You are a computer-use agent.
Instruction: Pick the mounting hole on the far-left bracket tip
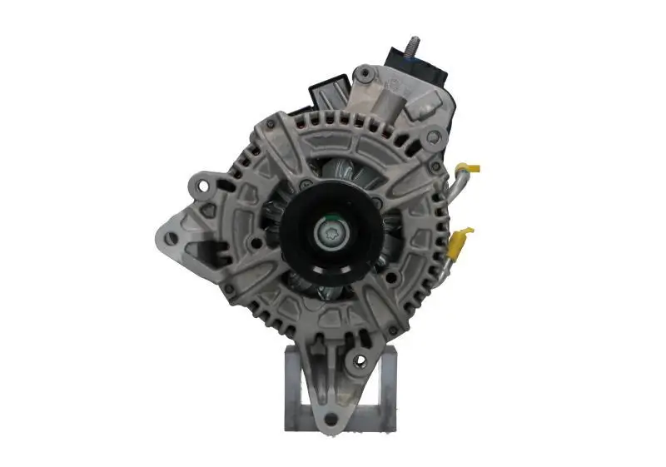coord(170,237)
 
